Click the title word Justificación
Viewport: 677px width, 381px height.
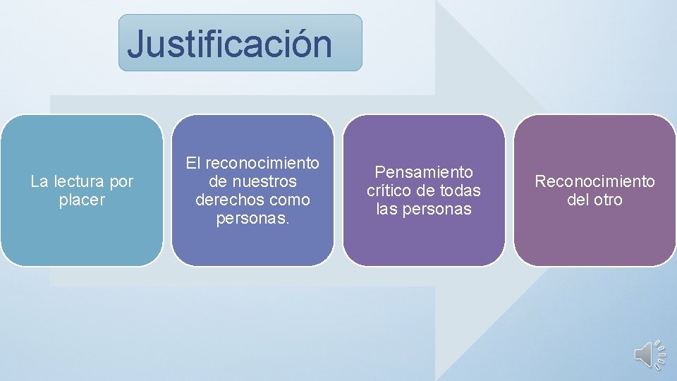point(230,44)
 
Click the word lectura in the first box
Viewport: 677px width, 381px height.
point(79,182)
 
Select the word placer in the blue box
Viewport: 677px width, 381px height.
point(82,200)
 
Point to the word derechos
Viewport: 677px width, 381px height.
point(223,200)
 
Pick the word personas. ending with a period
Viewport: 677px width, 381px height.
point(252,219)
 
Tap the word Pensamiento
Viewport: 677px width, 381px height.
point(424,172)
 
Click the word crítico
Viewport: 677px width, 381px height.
point(389,190)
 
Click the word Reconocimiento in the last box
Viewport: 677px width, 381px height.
point(594,182)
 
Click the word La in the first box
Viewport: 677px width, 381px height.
point(39,182)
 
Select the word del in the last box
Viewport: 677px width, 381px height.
point(578,200)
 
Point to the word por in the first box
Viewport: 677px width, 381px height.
point(121,182)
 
